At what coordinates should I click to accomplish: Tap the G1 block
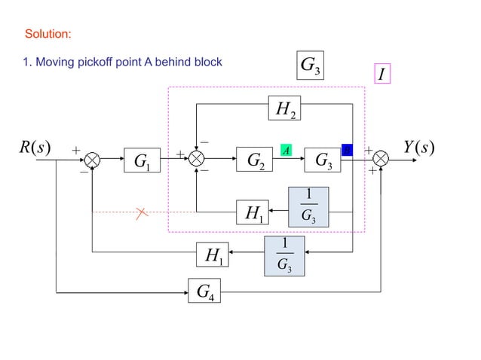tap(142, 160)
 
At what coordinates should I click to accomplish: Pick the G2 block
tap(255, 160)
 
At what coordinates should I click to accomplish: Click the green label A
tap(286, 150)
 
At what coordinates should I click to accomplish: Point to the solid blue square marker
tap(347, 149)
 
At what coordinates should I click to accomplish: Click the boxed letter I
tap(382, 75)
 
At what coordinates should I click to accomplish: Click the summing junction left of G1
tap(92, 160)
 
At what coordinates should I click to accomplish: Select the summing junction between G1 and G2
tap(197, 160)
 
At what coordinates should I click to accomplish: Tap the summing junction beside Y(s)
tap(381, 159)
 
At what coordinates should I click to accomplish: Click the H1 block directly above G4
tap(213, 255)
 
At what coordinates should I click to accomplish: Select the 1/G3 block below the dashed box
tap(283, 255)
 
